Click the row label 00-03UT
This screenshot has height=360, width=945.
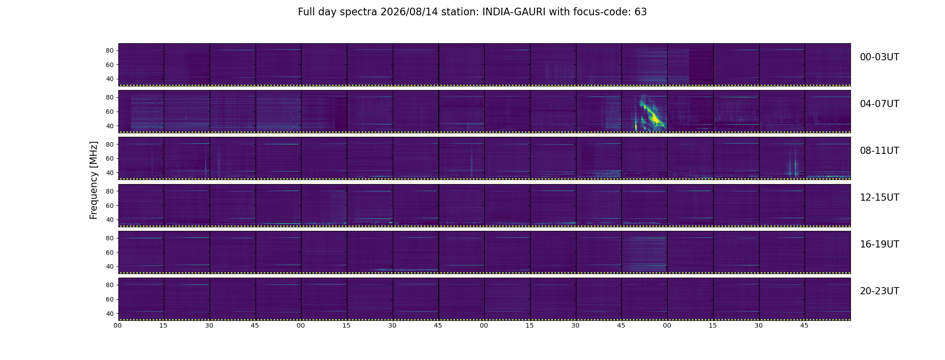tap(879, 57)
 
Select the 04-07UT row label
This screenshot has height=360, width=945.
tap(879, 104)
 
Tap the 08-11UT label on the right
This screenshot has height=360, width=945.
tap(879, 151)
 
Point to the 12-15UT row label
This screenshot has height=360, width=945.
tap(879, 198)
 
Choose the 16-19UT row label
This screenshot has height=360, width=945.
tap(879, 244)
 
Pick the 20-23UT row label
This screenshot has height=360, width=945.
tap(879, 291)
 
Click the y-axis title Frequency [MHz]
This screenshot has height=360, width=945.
tap(94, 180)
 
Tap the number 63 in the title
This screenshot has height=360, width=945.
tap(641, 12)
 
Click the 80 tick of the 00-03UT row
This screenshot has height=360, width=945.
tap(110, 51)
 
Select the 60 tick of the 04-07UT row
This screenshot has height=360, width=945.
tap(110, 112)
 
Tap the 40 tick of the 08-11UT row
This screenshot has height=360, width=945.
tap(110, 173)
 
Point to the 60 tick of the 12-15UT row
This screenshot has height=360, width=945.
tap(110, 206)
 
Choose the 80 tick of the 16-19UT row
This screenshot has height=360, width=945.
tap(110, 238)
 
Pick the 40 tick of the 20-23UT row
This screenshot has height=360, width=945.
tap(110, 314)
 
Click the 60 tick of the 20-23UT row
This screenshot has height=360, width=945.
tap(110, 299)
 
